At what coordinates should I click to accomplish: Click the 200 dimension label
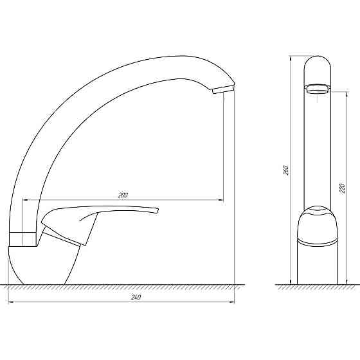coord(123,195)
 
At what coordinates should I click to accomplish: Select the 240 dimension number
coord(135,297)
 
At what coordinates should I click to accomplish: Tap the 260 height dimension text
coord(287,170)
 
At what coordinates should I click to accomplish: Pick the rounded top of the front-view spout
coord(317,64)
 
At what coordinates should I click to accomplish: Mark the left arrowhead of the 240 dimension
coord(10,302)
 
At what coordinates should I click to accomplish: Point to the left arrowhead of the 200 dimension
coord(25,200)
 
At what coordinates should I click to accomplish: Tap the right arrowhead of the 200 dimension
coord(222,200)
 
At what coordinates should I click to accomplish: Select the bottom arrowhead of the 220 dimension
coord(347,281)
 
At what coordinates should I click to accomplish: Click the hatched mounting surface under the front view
coord(129,287)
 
